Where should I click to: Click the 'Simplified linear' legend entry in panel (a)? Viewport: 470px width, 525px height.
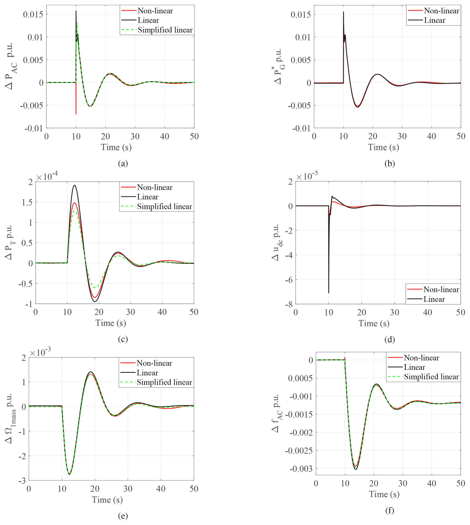[x=165, y=30]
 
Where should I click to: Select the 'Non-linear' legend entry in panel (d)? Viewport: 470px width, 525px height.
[x=441, y=289]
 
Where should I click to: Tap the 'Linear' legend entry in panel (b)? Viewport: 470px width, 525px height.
[x=435, y=20]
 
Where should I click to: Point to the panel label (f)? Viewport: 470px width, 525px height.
[x=390, y=510]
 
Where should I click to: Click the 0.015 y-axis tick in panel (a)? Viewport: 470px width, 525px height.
[x=33, y=14]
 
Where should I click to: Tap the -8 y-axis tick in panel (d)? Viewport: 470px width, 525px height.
[x=289, y=304]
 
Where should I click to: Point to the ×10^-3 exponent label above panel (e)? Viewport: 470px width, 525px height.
[x=40, y=352]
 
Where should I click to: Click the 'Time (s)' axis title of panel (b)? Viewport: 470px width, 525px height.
[x=383, y=147]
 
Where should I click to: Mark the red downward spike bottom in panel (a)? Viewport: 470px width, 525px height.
[x=76, y=114]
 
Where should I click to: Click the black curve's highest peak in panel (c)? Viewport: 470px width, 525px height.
[x=75, y=185]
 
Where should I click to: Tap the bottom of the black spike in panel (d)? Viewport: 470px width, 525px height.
[x=328, y=293]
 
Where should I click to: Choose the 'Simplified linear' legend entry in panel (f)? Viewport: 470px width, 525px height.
[x=431, y=377]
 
